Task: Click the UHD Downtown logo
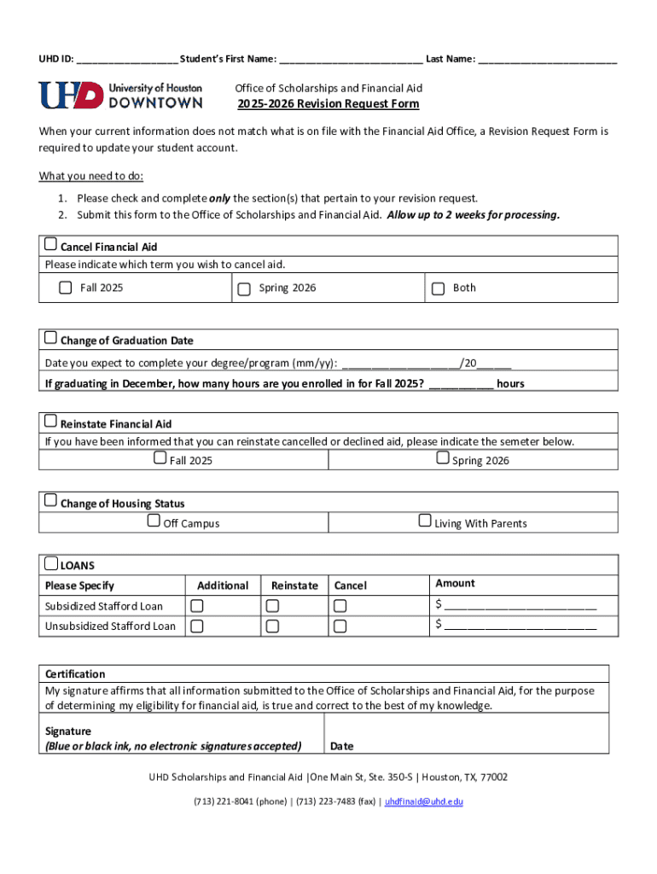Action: pos(120,95)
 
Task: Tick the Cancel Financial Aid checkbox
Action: pos(51,245)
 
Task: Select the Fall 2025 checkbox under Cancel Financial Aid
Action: pos(66,288)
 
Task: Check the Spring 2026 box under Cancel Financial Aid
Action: pos(244,288)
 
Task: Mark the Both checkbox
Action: pos(438,288)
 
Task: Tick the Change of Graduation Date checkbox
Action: pos(51,338)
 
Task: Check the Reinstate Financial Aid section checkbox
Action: pos(51,422)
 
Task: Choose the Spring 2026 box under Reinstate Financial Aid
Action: pos(443,458)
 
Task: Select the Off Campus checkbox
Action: pos(154,521)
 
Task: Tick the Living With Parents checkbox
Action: pos(425,521)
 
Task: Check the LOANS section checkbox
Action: pos(51,562)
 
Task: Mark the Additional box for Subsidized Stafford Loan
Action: pos(197,606)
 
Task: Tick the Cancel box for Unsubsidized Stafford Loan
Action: pos(340,626)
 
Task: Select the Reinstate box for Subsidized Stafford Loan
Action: pos(272,606)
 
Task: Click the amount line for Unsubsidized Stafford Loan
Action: pos(520,626)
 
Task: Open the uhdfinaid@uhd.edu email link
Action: pos(424,802)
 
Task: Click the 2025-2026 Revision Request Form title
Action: pos(328,104)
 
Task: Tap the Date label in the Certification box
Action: pos(342,746)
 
